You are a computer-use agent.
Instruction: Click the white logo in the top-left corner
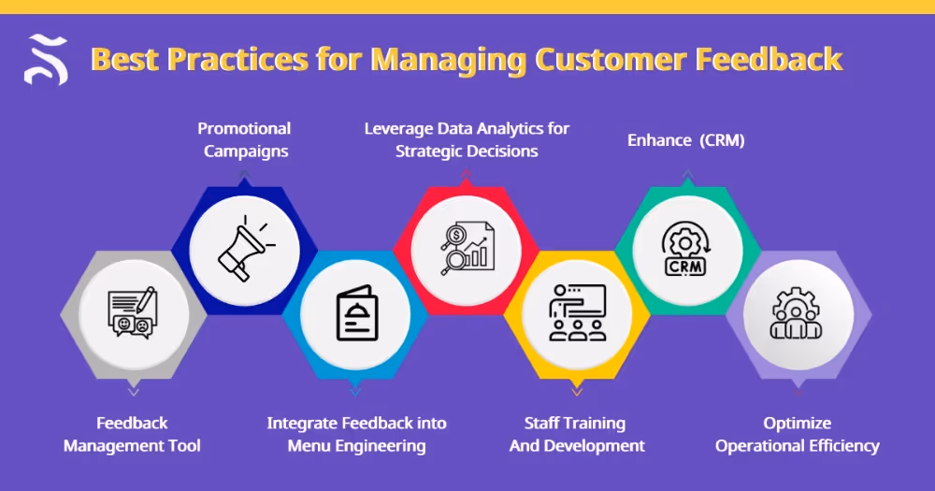tap(46, 59)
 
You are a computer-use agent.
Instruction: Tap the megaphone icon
tap(245, 248)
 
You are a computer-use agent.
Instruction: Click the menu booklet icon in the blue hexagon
tap(355, 317)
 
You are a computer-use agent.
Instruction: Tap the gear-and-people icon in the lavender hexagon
tap(798, 313)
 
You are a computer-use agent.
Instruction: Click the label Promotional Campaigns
tap(244, 139)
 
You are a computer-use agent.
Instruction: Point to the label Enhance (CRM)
tap(685, 140)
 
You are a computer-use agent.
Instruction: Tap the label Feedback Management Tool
tap(132, 434)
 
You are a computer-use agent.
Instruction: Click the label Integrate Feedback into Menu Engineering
tap(356, 434)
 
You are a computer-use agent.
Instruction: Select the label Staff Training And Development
tap(576, 434)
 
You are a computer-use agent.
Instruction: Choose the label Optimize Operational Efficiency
tap(797, 434)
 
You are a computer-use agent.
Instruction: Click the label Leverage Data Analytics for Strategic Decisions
tap(467, 139)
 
